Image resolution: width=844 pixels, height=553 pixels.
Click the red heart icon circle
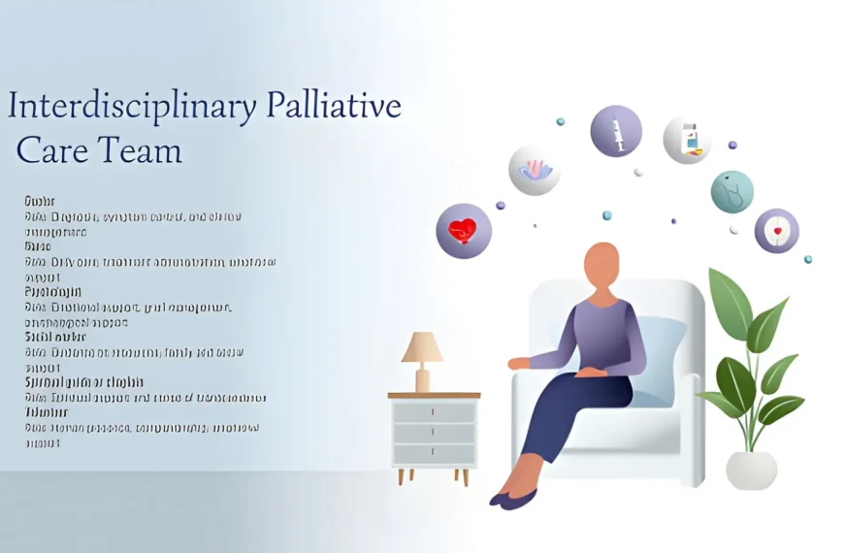coord(464,231)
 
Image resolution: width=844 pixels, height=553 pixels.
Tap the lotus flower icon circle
coord(535,170)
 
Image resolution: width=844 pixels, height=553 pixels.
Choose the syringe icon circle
coord(616,131)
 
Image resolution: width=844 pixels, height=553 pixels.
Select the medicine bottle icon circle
coord(688,140)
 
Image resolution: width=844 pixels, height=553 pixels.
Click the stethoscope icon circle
coord(732,191)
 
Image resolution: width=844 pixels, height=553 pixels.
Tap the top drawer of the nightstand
coord(434,411)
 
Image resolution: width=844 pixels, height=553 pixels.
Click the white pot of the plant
coord(751,469)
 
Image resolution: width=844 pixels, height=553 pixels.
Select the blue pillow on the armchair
coord(665,359)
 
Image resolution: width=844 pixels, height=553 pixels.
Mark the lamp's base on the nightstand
coord(422,379)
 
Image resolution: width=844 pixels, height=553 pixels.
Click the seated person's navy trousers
coord(572,407)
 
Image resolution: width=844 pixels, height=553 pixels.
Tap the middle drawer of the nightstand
coord(434,433)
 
